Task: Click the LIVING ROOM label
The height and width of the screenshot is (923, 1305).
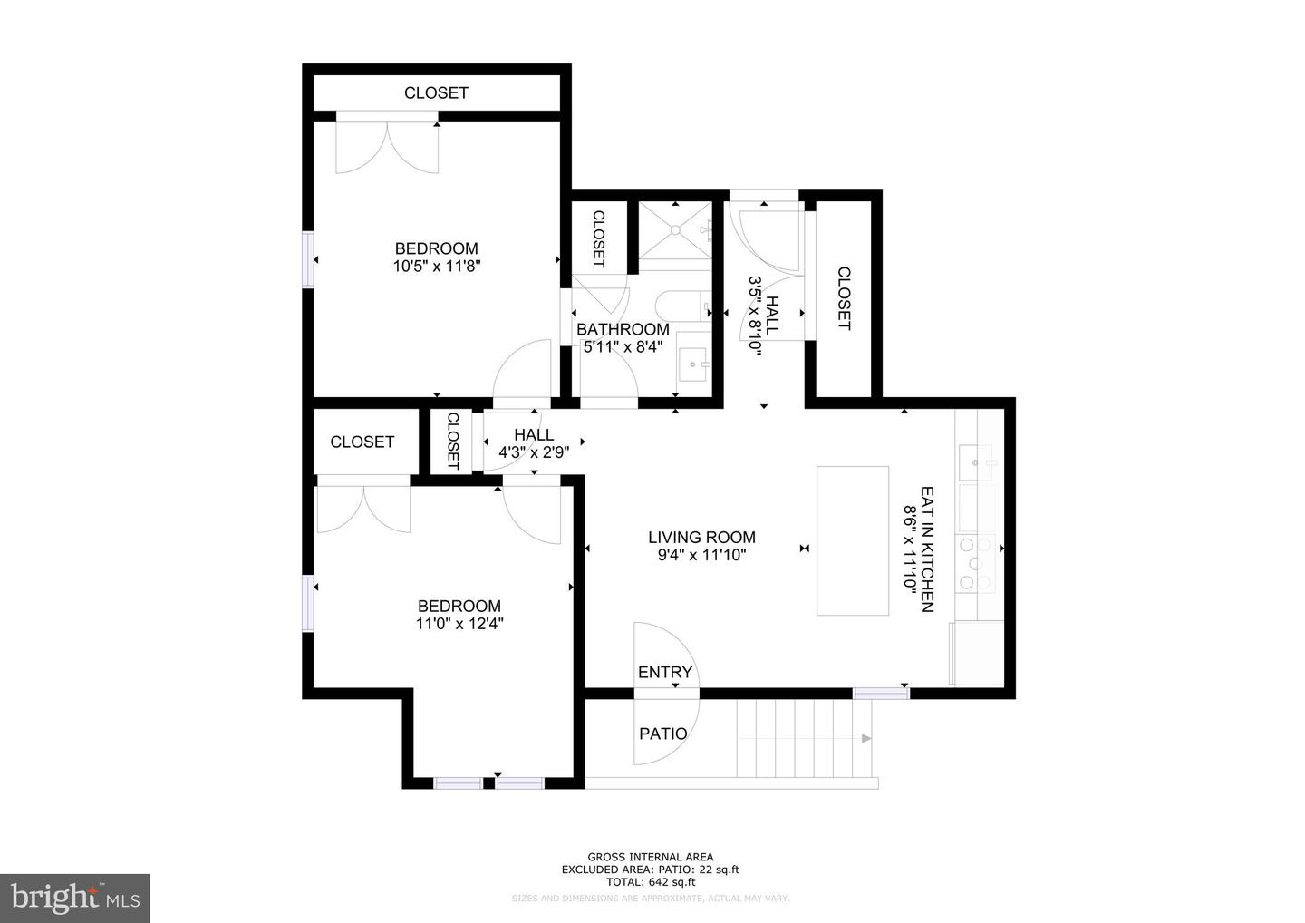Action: tap(701, 537)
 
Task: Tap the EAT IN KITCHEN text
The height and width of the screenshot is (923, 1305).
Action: tap(927, 549)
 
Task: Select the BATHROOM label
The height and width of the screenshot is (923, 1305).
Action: tap(623, 329)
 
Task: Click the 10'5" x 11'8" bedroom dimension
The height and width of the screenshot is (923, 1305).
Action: tap(436, 267)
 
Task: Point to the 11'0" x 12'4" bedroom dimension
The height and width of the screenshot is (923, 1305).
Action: tap(459, 624)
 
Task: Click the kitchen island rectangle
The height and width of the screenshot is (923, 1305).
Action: tap(852, 540)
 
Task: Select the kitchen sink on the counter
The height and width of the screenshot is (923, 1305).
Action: tap(976, 462)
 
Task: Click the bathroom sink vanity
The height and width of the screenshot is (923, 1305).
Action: tap(695, 365)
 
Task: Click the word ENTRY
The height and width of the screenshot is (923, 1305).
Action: tap(664, 672)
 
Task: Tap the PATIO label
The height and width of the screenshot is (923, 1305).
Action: tap(663, 734)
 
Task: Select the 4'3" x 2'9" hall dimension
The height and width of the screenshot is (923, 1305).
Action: tap(534, 452)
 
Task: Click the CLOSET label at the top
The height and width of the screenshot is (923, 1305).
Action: tap(436, 92)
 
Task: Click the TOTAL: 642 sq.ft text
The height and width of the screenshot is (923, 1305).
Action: tap(650, 881)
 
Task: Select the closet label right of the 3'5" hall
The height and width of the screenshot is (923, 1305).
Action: tap(843, 298)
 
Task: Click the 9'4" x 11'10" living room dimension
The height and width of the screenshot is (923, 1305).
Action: tap(701, 555)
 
